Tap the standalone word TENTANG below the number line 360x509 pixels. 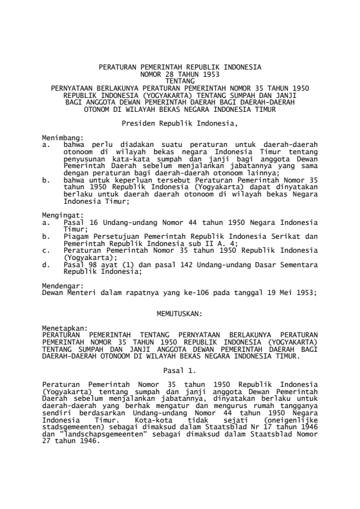(180, 80)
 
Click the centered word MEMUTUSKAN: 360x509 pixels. (180, 313)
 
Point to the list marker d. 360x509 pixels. (46, 264)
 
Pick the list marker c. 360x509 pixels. (46, 249)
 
